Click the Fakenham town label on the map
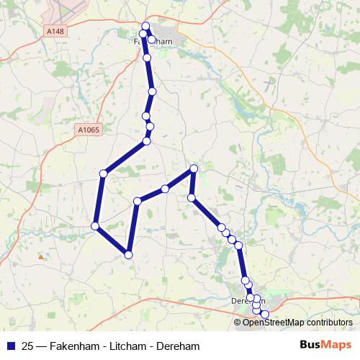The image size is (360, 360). click(154, 42)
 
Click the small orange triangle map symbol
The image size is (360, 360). click(41, 256)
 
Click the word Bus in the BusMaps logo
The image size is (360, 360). click(311, 345)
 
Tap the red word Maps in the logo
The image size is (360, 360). click(337, 345)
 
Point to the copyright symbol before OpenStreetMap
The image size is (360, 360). click(238, 323)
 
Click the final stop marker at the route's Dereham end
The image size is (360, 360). click(264, 314)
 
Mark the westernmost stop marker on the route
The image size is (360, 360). click(95, 227)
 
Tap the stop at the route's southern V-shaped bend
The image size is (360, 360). click(128, 254)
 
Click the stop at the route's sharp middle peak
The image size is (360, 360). click(194, 169)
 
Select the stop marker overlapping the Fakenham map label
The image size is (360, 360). click(152, 40)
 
